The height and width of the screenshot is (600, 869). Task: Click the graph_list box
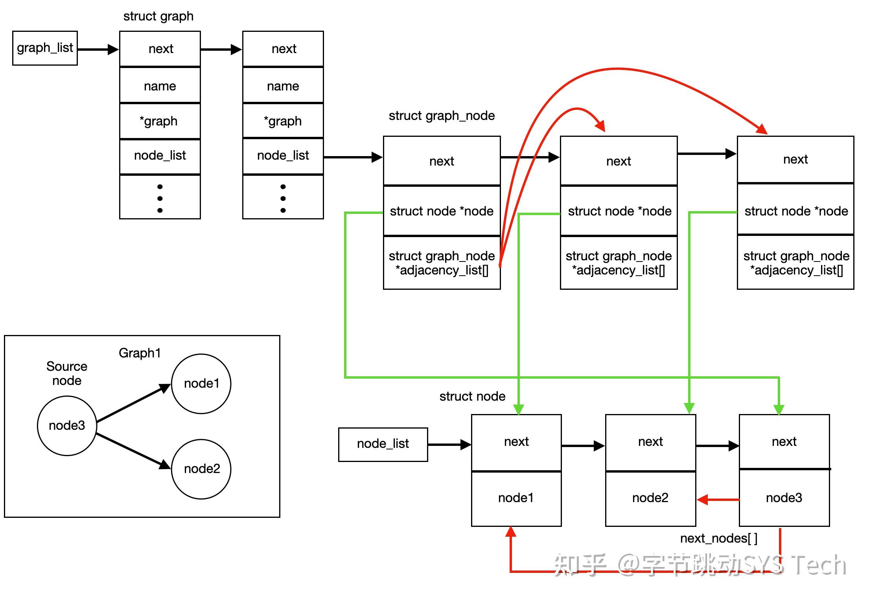pyautogui.click(x=45, y=48)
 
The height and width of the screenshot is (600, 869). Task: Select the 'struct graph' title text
pyautogui.click(x=158, y=16)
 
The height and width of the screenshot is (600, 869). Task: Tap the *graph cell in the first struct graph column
pyautogui.click(x=160, y=121)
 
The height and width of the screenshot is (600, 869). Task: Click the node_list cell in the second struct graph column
pyautogui.click(x=283, y=156)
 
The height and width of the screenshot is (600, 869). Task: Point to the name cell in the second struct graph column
pyautogui.click(x=283, y=86)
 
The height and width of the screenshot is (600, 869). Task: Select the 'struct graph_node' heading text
pyautogui.click(x=441, y=116)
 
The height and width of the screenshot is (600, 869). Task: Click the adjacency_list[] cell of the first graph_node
pyautogui.click(x=441, y=263)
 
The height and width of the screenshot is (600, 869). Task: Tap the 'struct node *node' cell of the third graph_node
pyautogui.click(x=795, y=211)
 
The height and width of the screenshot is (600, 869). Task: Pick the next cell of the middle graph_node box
pyautogui.click(x=618, y=161)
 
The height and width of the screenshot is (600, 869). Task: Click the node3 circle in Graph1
pyautogui.click(x=67, y=425)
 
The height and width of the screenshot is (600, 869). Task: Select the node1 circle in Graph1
pyautogui.click(x=201, y=383)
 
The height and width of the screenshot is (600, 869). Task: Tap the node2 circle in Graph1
pyautogui.click(x=201, y=469)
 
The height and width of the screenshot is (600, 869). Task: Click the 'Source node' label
pyautogui.click(x=67, y=373)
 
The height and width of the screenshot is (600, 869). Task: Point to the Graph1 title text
pyautogui.click(x=140, y=353)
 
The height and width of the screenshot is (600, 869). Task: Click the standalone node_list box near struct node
pyautogui.click(x=383, y=444)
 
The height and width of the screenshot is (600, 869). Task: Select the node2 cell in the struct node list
pyautogui.click(x=650, y=498)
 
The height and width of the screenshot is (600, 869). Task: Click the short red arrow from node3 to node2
pyautogui.click(x=718, y=500)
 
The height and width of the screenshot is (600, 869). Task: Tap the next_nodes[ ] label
pyautogui.click(x=718, y=538)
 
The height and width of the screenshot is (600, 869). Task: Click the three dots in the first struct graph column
pyautogui.click(x=160, y=198)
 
